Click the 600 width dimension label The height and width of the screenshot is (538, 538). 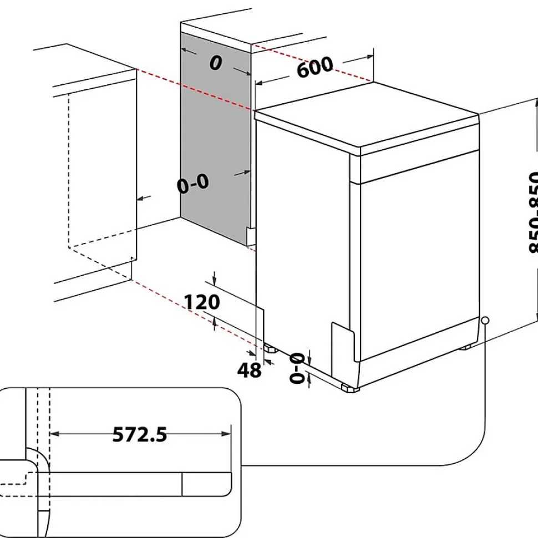(x=315, y=67)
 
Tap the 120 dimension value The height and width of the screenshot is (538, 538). (x=202, y=302)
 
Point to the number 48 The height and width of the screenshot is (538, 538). (x=249, y=370)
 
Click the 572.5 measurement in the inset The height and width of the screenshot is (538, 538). (x=140, y=434)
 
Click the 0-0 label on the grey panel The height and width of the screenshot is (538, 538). (x=193, y=184)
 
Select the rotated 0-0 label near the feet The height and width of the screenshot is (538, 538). (x=298, y=367)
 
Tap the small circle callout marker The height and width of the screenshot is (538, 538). (x=485, y=321)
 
